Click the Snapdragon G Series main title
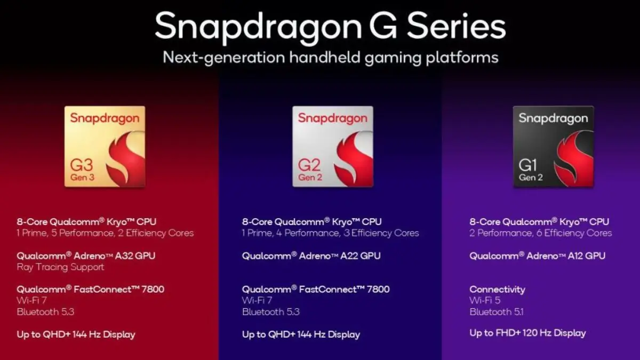[x=330, y=27]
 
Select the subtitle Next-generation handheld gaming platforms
[x=330, y=57]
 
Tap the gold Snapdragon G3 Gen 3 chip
[x=105, y=147]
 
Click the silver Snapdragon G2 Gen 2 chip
[x=332, y=147]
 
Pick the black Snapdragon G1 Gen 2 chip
[x=553, y=147]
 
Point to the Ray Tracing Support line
[x=60, y=267]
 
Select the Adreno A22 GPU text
[x=311, y=255]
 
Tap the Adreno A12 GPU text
[x=537, y=255]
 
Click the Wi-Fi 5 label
[x=485, y=301]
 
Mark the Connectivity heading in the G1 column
[x=497, y=289]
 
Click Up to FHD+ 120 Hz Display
[x=527, y=333]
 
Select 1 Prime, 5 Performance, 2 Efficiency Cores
[x=105, y=233]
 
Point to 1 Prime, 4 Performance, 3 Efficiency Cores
[x=330, y=233]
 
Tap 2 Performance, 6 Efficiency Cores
[x=541, y=233]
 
